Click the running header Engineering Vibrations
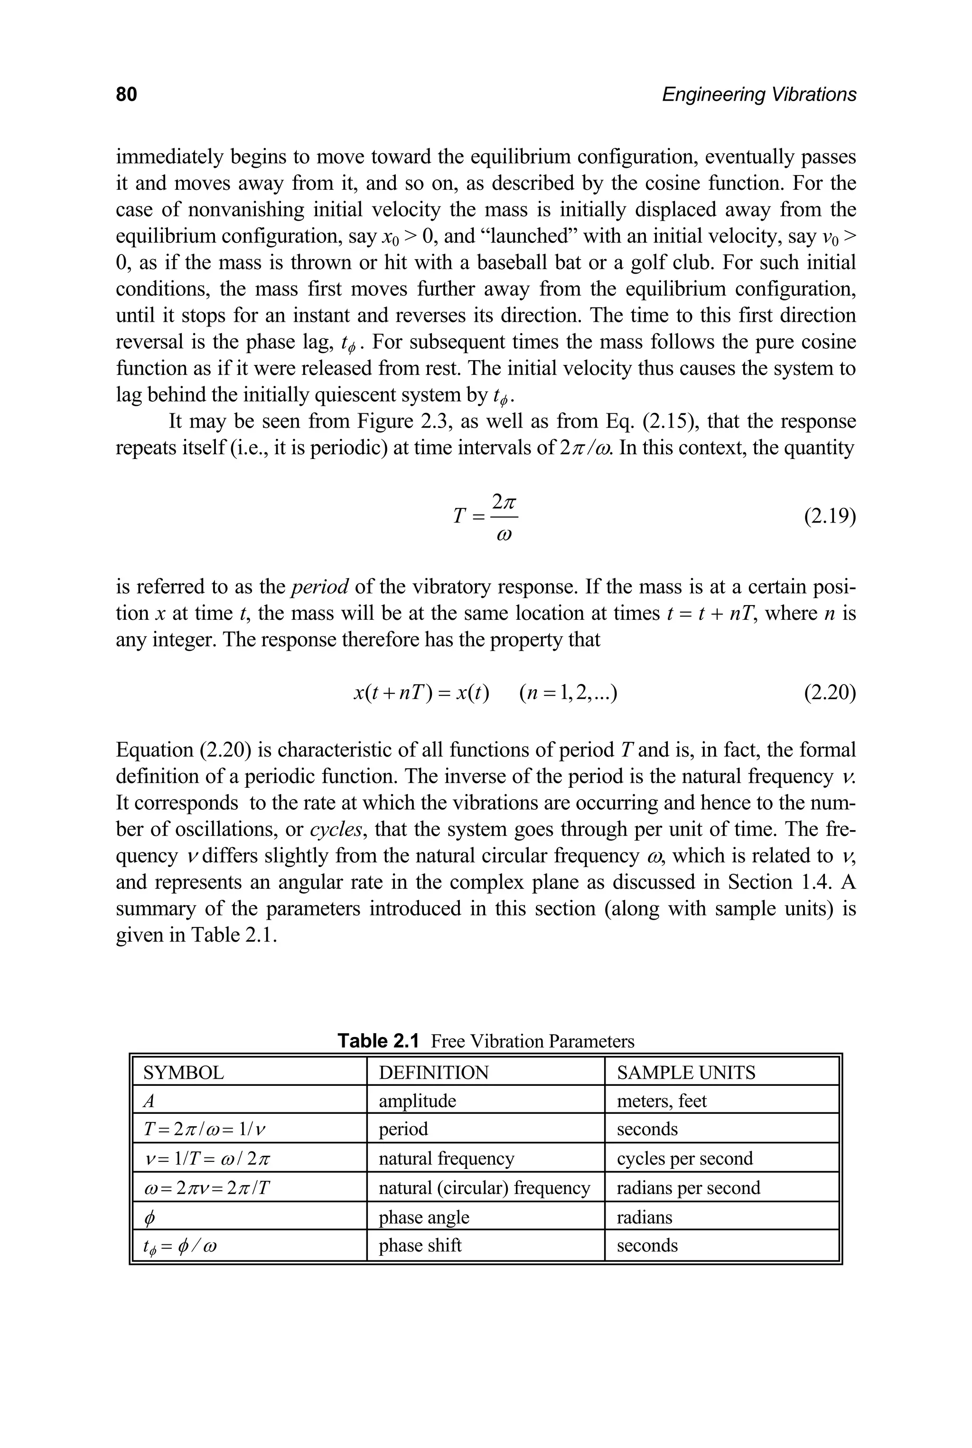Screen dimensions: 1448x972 (759, 94)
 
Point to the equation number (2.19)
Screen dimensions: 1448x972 (830, 516)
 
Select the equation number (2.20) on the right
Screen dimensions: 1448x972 (830, 692)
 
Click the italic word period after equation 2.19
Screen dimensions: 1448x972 (320, 587)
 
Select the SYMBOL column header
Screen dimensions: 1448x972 (184, 1073)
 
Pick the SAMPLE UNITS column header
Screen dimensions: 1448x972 (686, 1073)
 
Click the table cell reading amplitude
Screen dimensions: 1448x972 (417, 1101)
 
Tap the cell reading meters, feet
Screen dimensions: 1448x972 (662, 1101)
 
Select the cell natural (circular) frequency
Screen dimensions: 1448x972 (484, 1187)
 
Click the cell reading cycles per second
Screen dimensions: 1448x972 (684, 1158)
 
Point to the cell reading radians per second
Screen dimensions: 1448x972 (688, 1187)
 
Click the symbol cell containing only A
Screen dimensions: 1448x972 (148, 1102)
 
